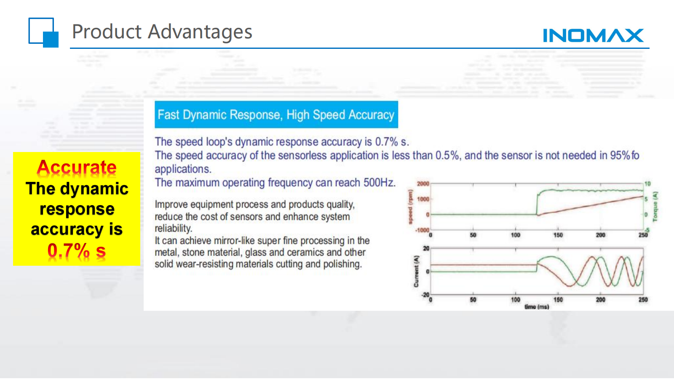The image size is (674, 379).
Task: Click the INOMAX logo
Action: (x=593, y=35)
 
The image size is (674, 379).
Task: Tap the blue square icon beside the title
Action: (x=43, y=32)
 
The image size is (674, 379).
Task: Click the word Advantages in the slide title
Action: (x=200, y=32)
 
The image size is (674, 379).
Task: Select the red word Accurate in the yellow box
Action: (x=76, y=167)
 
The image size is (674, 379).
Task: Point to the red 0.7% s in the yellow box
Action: (x=76, y=250)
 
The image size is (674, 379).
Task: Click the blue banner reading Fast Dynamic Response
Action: (x=276, y=115)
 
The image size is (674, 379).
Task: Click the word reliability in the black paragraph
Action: (x=173, y=229)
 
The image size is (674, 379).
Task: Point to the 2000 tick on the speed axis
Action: (x=423, y=184)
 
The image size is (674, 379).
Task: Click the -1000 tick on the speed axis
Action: (x=422, y=230)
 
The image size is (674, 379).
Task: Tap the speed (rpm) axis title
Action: (x=410, y=207)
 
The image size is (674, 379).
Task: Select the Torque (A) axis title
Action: (x=655, y=207)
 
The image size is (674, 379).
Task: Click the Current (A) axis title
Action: (x=416, y=272)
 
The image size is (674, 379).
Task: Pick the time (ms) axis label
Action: (x=537, y=307)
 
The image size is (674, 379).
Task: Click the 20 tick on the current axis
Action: (x=426, y=248)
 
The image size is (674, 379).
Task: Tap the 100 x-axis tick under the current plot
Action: (x=516, y=299)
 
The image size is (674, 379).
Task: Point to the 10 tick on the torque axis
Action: (x=647, y=184)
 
